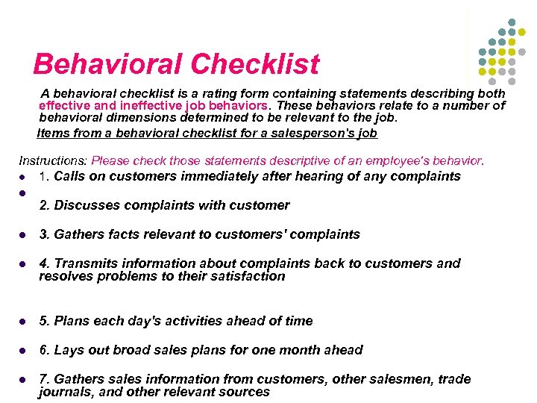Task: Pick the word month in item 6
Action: point(305,350)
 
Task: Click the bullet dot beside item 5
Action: point(24,322)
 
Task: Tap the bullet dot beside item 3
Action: point(24,235)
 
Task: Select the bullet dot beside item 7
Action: point(24,380)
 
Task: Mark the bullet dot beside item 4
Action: point(24,264)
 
